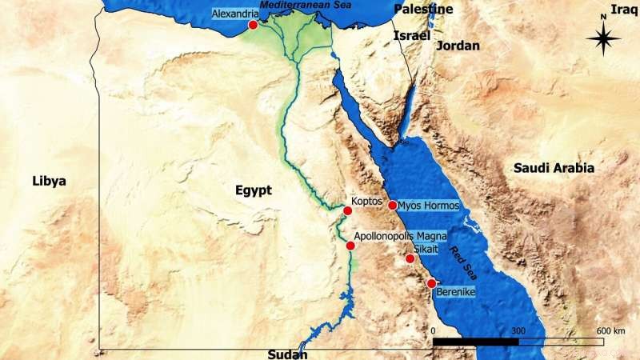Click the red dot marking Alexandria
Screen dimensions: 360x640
coord(253,26)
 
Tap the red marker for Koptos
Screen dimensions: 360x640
coord(347,210)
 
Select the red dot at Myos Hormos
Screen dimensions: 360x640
coord(393,206)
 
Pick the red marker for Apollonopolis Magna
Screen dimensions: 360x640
coord(350,246)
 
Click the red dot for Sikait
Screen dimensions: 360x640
coord(410,258)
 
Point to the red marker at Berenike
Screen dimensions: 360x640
coord(431,283)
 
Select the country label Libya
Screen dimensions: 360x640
coord(48,181)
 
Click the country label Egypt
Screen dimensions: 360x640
coord(254,190)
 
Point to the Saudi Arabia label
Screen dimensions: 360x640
coord(554,168)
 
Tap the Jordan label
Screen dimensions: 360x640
coord(459,46)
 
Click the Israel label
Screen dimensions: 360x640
coord(412,36)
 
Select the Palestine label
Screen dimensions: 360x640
coord(423,10)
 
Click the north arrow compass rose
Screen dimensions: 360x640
coord(603,36)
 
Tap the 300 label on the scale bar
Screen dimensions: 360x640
coord(518,330)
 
